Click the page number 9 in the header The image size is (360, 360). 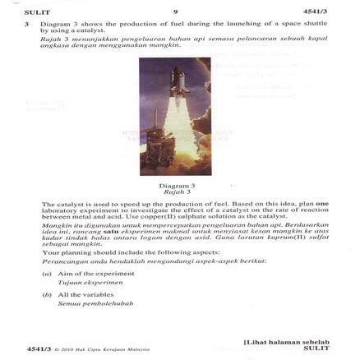tap(175, 12)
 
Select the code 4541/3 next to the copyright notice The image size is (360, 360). tap(39, 348)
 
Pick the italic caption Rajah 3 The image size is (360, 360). tap(175, 192)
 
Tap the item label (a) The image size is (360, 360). tap(47, 274)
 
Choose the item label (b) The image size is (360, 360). tap(47, 294)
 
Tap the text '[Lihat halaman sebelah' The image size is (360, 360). tap(287, 341)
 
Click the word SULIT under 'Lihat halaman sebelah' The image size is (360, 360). tap(316, 348)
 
